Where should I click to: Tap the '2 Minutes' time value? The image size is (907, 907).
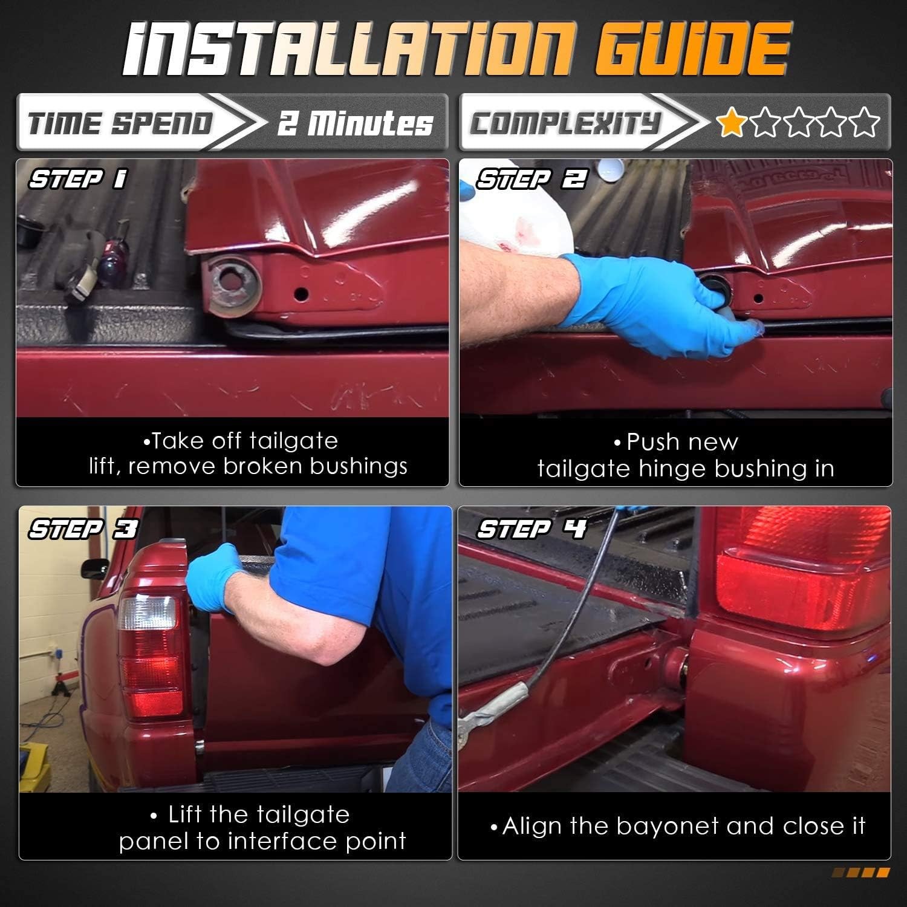tap(355, 124)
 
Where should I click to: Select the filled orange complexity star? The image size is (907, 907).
tap(731, 122)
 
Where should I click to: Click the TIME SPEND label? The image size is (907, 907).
tap(121, 123)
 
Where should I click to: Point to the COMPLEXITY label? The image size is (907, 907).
tap(565, 123)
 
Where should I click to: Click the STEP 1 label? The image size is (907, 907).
tap(78, 179)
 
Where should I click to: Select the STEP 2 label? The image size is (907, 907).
tap(531, 179)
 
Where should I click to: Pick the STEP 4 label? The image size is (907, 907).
tap(532, 529)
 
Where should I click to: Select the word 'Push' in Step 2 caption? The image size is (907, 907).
tap(651, 442)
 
